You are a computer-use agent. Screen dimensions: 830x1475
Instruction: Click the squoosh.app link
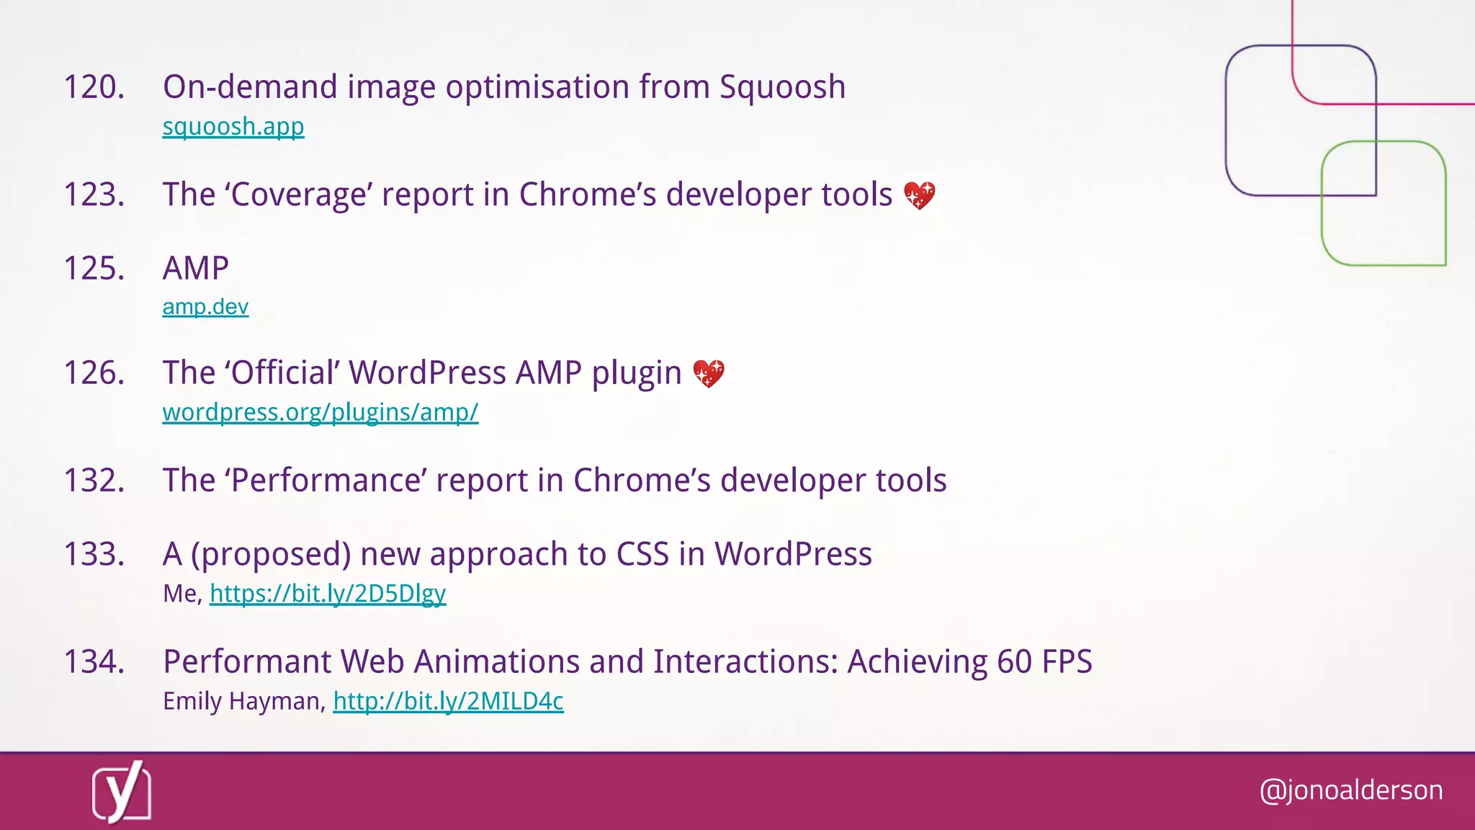tap(233, 127)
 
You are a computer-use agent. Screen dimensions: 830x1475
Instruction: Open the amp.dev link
tap(205, 307)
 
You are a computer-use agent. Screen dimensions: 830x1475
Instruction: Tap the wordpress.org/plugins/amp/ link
tap(320, 412)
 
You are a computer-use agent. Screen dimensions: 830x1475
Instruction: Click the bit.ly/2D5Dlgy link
tap(328, 594)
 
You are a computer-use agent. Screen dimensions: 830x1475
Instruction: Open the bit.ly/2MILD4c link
tap(448, 701)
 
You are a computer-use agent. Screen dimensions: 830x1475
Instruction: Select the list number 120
tap(94, 87)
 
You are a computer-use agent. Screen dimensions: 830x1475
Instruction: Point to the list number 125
tap(94, 268)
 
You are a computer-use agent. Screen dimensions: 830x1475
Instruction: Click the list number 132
tap(94, 481)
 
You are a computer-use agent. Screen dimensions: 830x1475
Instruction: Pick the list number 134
tap(94, 661)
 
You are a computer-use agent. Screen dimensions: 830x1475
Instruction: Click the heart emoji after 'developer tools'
tap(920, 195)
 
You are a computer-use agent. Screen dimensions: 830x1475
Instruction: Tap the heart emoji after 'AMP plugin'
tap(709, 373)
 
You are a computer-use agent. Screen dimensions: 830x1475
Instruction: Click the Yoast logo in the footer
tap(122, 792)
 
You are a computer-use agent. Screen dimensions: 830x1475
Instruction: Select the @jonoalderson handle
tap(1351, 790)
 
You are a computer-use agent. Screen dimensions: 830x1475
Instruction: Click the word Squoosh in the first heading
tap(782, 87)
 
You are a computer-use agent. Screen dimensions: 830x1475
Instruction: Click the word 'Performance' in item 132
tap(330, 481)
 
